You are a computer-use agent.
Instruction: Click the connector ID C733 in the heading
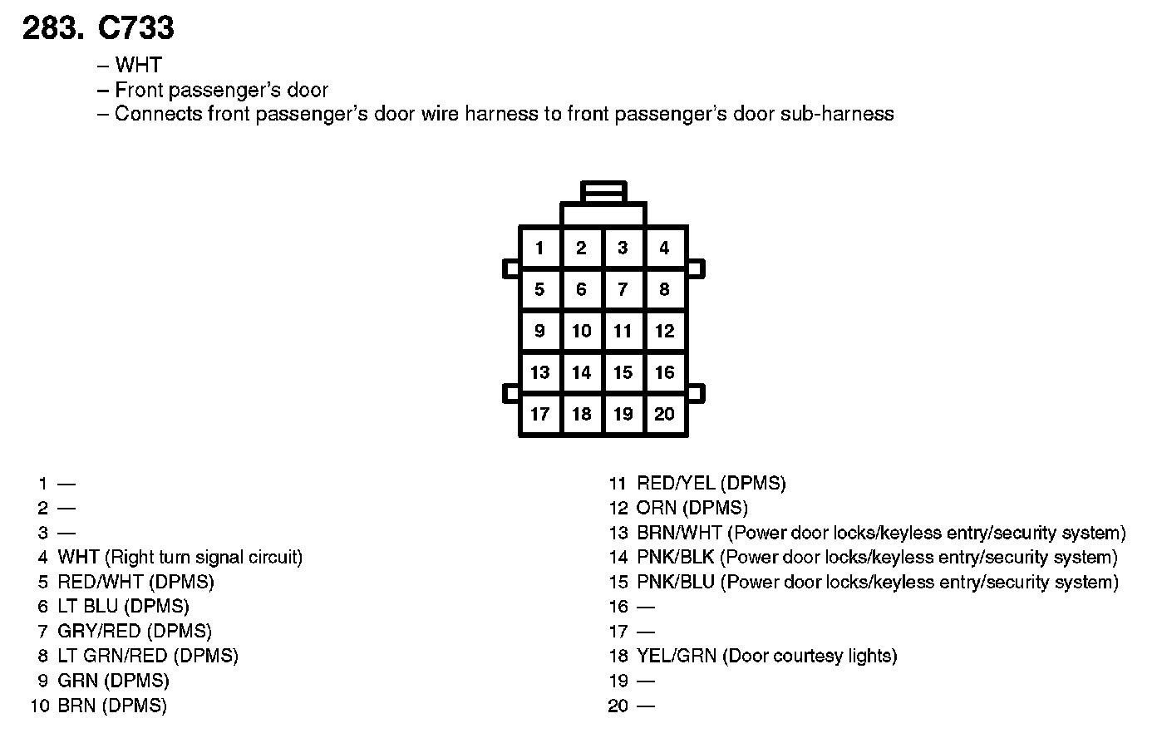click(x=135, y=28)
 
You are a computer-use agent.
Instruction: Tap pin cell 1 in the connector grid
click(x=540, y=248)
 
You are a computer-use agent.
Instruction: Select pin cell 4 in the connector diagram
click(x=664, y=248)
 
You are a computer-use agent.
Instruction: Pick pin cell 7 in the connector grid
click(x=623, y=289)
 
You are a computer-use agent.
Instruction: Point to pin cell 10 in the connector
click(x=581, y=331)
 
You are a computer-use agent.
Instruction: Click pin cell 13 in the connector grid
click(x=540, y=372)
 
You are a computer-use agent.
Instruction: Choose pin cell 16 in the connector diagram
click(x=664, y=372)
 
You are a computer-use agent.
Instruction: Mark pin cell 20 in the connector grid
click(x=664, y=414)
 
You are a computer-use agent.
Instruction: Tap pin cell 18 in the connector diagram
click(x=581, y=414)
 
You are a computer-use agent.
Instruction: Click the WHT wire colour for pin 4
click(x=78, y=557)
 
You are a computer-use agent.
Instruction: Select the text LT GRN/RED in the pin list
click(x=112, y=656)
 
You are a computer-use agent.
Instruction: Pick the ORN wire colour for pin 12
click(x=655, y=508)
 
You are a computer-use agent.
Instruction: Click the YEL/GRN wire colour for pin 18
click(x=677, y=656)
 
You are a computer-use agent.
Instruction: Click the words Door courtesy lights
click(x=810, y=656)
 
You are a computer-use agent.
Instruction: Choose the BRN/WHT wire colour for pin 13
click(x=678, y=533)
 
